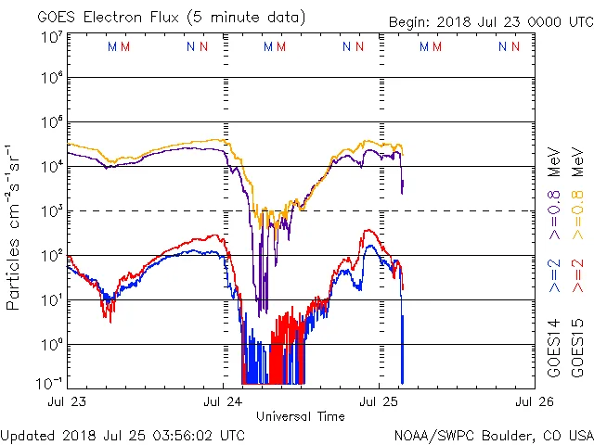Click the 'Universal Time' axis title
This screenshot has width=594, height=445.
click(x=301, y=416)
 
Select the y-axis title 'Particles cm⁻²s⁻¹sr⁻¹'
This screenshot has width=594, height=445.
click(x=16, y=226)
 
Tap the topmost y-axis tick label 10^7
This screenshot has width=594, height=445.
click(x=51, y=37)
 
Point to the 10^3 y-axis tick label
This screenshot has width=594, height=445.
click(x=51, y=211)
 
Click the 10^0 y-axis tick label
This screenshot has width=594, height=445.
click(x=51, y=344)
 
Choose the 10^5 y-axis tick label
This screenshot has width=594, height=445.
click(x=51, y=122)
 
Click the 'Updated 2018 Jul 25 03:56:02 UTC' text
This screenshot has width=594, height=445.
click(x=123, y=434)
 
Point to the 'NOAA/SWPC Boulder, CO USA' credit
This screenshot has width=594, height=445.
click(x=493, y=434)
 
